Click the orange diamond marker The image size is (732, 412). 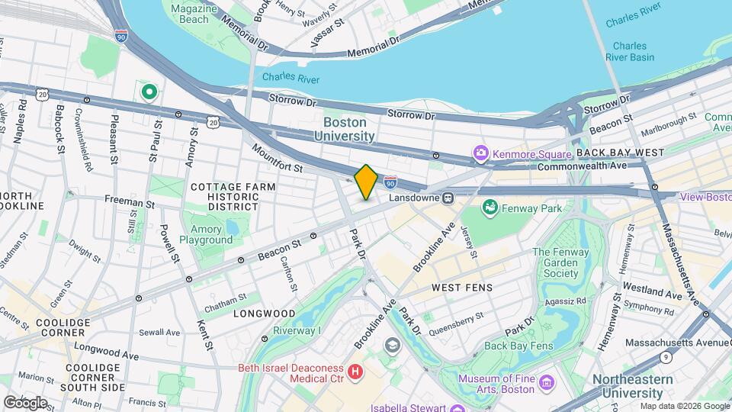366,182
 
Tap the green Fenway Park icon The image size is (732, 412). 490,208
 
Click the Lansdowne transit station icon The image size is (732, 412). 449,198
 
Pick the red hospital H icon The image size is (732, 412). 355,372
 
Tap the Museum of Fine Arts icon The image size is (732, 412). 546,381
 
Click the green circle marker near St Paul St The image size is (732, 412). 149,93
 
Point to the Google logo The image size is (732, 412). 25,402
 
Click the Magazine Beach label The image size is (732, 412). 190,13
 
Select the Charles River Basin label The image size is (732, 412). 630,51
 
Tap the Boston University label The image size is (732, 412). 345,129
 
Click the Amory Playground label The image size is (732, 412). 206,234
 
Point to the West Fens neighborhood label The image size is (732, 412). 462,288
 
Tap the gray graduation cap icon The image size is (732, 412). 392,346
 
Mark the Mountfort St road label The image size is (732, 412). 278,159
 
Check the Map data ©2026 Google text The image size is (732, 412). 684,406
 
